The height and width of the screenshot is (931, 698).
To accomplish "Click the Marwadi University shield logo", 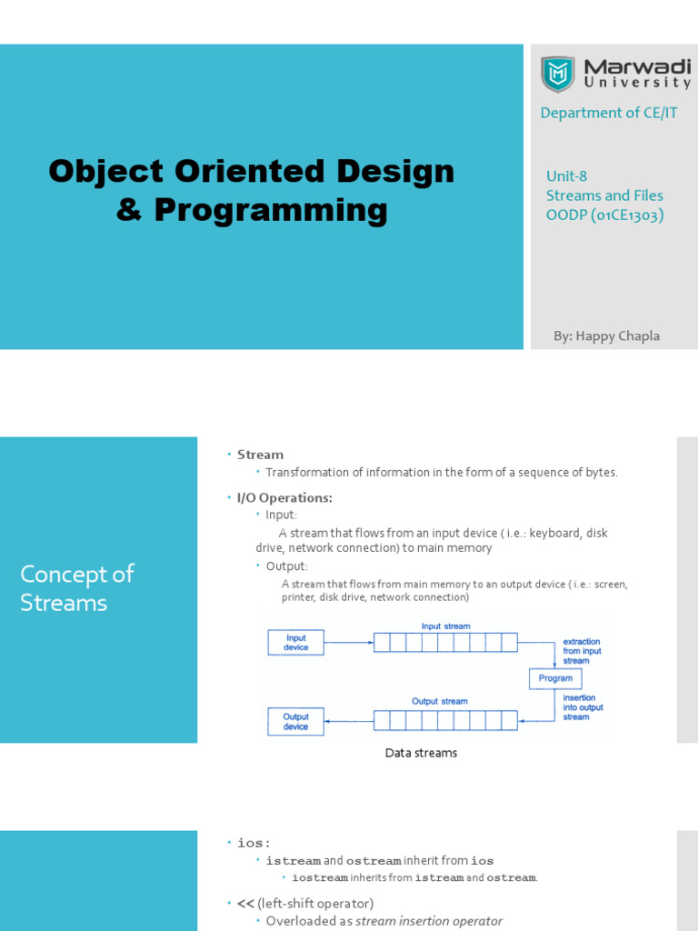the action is pyautogui.click(x=557, y=75).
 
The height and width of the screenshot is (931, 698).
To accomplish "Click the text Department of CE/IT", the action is pyautogui.click(x=608, y=113).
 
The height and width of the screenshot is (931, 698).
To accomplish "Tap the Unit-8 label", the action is pyautogui.click(x=566, y=175).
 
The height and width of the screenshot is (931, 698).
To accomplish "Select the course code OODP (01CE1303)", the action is pyautogui.click(x=604, y=215).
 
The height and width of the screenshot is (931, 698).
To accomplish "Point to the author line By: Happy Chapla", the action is pyautogui.click(x=606, y=336).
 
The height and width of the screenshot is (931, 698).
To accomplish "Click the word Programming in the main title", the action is pyautogui.click(x=271, y=211).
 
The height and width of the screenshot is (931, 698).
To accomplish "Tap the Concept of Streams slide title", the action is pyautogui.click(x=77, y=588).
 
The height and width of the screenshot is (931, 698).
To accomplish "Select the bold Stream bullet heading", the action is pyautogui.click(x=260, y=455).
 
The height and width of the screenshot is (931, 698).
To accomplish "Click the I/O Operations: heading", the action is pyautogui.click(x=284, y=497).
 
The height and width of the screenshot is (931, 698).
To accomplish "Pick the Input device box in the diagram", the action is pyautogui.click(x=295, y=643).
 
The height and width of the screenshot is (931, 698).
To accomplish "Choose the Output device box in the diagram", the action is pyautogui.click(x=295, y=721).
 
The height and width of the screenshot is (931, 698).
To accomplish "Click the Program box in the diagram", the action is pyautogui.click(x=555, y=678).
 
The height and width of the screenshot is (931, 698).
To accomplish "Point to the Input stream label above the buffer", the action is pyautogui.click(x=445, y=626).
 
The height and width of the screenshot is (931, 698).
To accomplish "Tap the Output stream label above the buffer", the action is pyautogui.click(x=440, y=701).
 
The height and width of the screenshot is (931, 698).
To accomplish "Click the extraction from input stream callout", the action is pyautogui.click(x=582, y=651).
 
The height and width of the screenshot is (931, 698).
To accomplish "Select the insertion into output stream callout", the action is pyautogui.click(x=583, y=707).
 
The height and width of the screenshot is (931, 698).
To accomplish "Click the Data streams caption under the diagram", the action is pyautogui.click(x=421, y=753).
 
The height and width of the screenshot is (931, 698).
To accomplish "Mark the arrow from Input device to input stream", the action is pyautogui.click(x=349, y=643).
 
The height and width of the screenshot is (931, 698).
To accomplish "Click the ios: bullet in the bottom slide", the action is pyautogui.click(x=254, y=843).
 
